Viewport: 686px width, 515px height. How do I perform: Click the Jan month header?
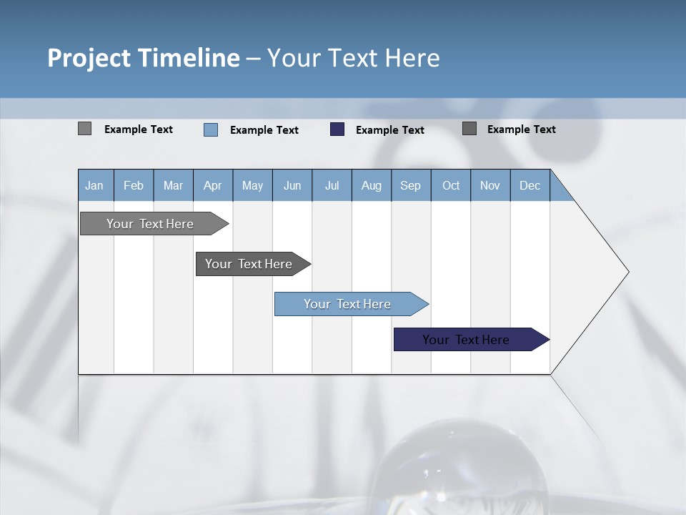click(x=95, y=185)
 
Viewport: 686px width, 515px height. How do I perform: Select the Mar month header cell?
click(x=173, y=185)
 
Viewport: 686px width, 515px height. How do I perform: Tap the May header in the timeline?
click(x=252, y=185)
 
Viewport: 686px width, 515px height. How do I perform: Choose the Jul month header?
click(x=332, y=185)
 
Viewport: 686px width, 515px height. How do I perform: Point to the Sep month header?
click(x=411, y=185)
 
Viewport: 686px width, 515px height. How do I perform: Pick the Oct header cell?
click(x=451, y=185)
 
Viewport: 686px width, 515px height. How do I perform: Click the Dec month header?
click(x=530, y=185)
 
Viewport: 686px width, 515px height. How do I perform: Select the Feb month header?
click(x=134, y=185)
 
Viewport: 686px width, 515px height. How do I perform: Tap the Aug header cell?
click(x=372, y=185)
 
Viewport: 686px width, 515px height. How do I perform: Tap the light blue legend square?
click(x=211, y=129)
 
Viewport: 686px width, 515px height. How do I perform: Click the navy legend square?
click(x=337, y=129)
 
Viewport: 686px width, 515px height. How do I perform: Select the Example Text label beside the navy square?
click(x=390, y=130)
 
